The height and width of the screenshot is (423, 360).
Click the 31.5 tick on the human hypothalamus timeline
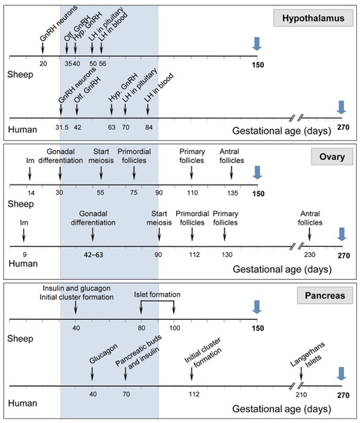point(64,128)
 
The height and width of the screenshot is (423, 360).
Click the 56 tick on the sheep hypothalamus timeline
point(103,64)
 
